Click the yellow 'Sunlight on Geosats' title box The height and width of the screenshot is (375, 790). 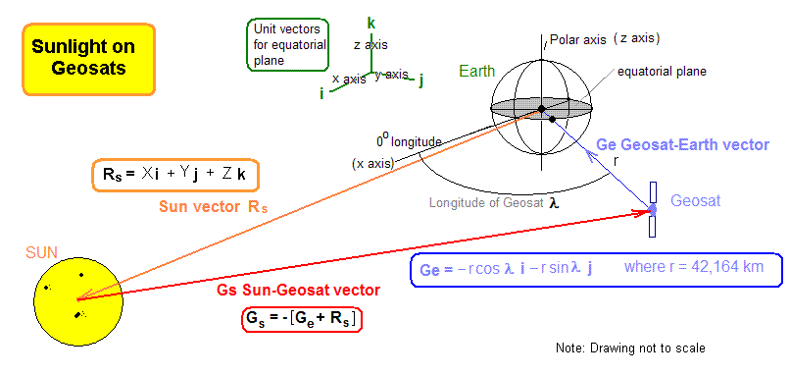tap(88, 59)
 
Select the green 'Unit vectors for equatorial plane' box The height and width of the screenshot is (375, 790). tap(288, 45)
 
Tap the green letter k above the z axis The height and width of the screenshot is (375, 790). tap(371, 24)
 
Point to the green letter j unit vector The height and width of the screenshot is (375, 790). tap(421, 81)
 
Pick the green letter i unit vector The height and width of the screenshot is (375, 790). tap(321, 94)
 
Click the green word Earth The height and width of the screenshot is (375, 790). tap(476, 71)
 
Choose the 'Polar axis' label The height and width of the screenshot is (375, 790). tap(578, 40)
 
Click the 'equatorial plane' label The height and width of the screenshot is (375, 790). tap(662, 72)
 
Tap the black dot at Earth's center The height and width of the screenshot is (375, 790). tap(542, 109)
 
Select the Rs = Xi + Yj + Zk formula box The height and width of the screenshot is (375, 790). tap(175, 175)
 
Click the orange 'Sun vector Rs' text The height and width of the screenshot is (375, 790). tap(214, 207)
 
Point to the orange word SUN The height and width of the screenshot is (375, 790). tap(42, 252)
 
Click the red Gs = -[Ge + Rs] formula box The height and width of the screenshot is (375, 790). tap(303, 319)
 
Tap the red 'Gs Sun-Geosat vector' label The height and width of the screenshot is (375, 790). tap(299, 291)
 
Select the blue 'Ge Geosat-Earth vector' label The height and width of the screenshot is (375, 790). tap(683, 145)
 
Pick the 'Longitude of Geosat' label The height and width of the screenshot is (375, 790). tap(487, 203)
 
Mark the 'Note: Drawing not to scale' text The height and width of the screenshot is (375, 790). tap(630, 348)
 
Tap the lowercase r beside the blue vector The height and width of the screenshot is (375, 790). tap(615, 161)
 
